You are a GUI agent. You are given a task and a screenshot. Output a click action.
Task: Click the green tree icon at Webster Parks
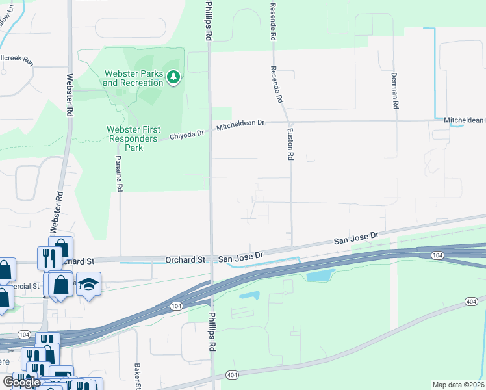(x=173, y=78)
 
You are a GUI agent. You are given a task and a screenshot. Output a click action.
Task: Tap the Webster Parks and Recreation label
(x=133, y=78)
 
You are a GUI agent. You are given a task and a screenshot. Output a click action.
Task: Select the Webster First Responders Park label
(x=133, y=138)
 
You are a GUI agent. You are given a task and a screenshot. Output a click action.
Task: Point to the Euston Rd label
(x=290, y=144)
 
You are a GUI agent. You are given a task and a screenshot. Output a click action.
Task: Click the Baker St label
(x=138, y=376)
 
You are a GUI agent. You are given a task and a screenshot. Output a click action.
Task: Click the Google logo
(x=21, y=382)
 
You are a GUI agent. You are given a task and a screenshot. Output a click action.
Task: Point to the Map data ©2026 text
(x=457, y=385)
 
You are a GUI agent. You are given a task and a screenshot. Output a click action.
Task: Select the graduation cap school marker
(x=88, y=285)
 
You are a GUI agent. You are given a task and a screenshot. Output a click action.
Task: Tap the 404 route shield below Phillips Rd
(x=231, y=375)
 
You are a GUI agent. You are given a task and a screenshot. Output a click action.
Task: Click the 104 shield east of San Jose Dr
(x=437, y=256)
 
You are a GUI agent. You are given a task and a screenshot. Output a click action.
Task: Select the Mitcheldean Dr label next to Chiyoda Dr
(x=241, y=124)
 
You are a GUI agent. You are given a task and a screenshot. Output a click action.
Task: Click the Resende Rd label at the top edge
(x=272, y=19)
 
